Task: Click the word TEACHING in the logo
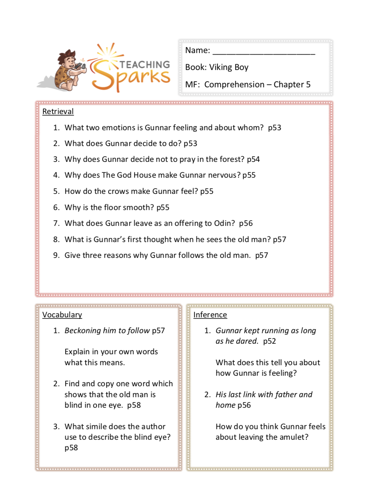click(145, 65)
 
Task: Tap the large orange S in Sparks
click(102, 75)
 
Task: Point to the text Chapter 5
click(292, 85)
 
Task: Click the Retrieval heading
click(58, 111)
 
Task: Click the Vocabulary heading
click(62, 315)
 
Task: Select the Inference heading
click(210, 315)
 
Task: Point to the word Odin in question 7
click(224, 223)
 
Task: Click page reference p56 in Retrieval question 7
click(246, 223)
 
